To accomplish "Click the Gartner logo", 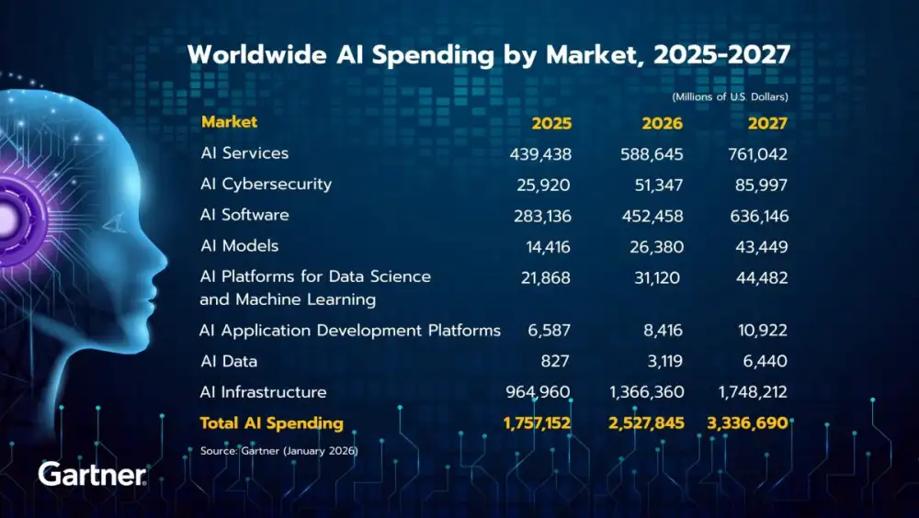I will click(92, 475).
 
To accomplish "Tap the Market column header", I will click(229, 122).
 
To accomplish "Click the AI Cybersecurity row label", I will click(266, 185).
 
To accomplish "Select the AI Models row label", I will click(239, 246).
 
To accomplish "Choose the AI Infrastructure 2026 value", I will click(647, 392).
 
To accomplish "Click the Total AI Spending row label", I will click(272, 423).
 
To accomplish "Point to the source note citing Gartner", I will click(278, 451).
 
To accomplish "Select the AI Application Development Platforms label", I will click(350, 331).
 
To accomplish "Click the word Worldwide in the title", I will click(249, 55).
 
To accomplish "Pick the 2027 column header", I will click(767, 123).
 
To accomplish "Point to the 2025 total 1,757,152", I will click(537, 423).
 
